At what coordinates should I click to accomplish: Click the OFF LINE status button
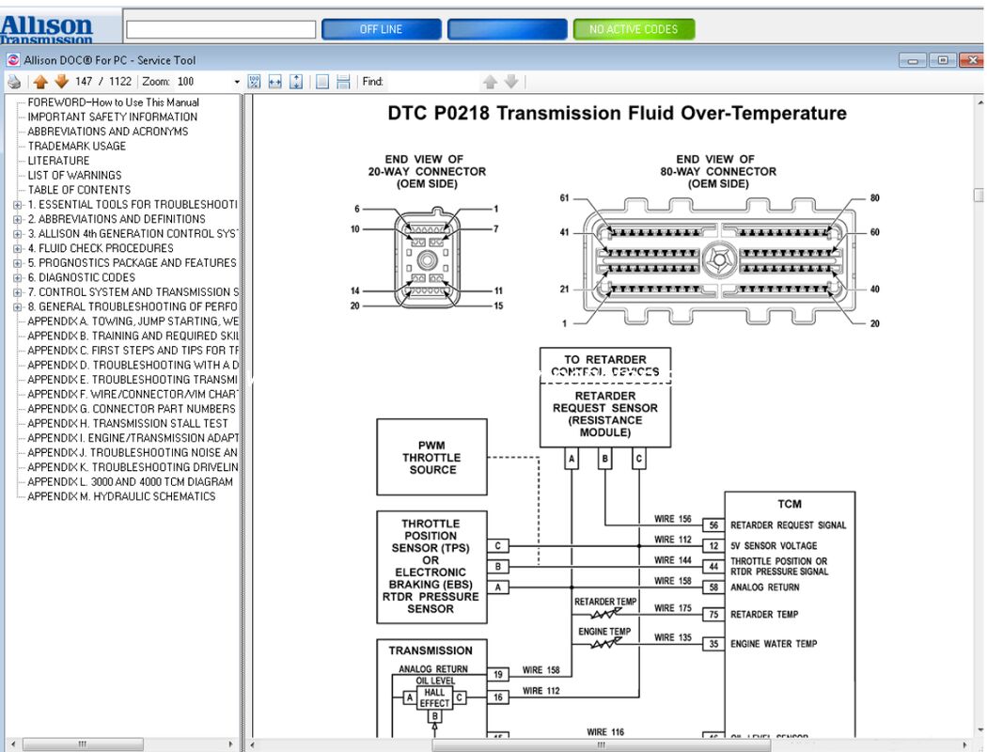[x=381, y=29]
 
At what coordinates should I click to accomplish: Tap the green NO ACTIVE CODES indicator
[x=634, y=29]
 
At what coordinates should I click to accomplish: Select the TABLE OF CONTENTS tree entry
[x=79, y=190]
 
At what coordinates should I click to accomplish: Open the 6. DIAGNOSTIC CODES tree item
[x=81, y=277]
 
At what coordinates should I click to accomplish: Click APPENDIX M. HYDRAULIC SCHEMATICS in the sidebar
[x=121, y=496]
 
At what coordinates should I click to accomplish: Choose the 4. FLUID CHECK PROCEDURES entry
[x=100, y=248]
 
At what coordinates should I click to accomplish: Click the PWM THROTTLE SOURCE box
[x=432, y=457]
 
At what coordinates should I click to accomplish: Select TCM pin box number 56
[x=713, y=525]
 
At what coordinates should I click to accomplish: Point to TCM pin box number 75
[x=713, y=614]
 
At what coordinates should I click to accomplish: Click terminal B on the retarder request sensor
[x=604, y=460]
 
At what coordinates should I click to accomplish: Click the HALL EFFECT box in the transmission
[x=434, y=697]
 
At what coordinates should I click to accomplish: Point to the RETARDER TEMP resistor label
[x=605, y=602]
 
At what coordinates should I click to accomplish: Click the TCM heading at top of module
[x=790, y=504]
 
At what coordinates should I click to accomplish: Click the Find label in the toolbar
[x=373, y=82]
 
